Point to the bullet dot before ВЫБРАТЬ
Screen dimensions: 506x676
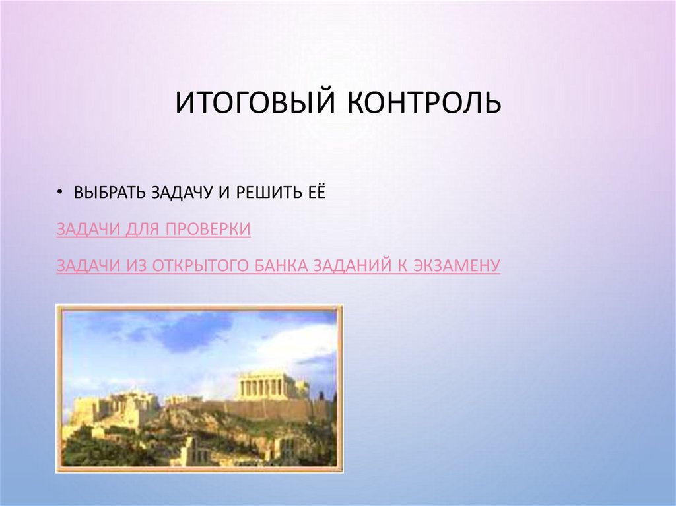60,193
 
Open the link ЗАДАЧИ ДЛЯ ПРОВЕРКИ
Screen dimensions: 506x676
153,229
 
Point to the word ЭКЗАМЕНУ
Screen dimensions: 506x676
462,265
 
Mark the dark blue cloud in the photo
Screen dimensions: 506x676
191,333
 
